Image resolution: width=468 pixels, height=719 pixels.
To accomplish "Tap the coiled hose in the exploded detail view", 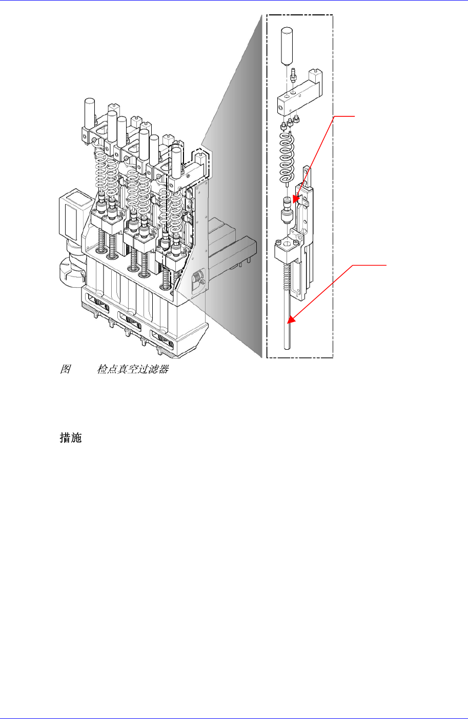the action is tap(286, 156).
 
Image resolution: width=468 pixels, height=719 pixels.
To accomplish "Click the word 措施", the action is tap(71, 438).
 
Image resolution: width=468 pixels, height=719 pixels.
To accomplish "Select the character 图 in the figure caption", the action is tap(65, 369).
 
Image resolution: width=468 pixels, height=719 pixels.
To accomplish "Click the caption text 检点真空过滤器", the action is tap(133, 369).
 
